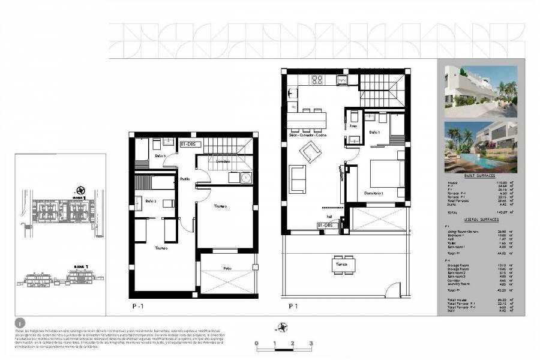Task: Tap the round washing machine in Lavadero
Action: tap(245, 178)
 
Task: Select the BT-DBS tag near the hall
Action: tap(328, 225)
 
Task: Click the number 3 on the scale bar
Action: tap(311, 343)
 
